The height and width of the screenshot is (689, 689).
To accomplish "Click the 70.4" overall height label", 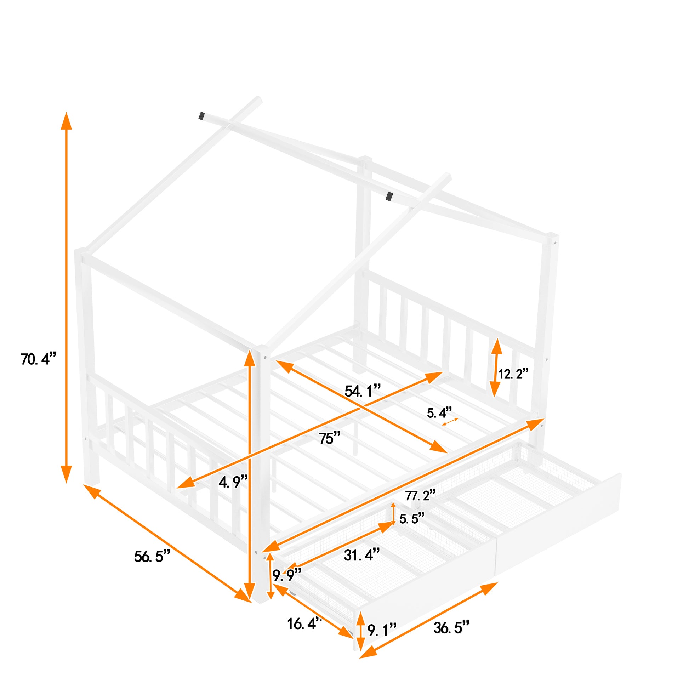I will (x=39, y=359).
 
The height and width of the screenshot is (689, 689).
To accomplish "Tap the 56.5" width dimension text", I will (x=152, y=556).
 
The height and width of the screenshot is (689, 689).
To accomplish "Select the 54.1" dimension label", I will (x=363, y=391).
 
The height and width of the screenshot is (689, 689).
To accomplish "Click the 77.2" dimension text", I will (x=421, y=495).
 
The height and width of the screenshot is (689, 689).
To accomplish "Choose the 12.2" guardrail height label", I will (x=513, y=374).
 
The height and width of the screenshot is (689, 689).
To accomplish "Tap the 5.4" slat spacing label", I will (x=439, y=413).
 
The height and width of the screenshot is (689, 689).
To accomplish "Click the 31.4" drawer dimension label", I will (x=362, y=554).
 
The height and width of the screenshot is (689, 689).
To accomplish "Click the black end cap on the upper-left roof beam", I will (x=202, y=116).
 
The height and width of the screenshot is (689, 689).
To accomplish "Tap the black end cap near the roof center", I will (x=389, y=196).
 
